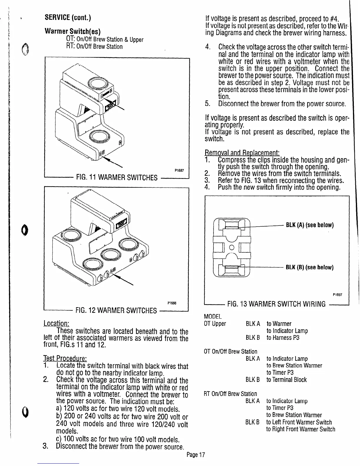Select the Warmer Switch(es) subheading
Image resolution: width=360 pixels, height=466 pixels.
coord(72,31)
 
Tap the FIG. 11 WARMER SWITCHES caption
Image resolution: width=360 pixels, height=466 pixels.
coord(116,177)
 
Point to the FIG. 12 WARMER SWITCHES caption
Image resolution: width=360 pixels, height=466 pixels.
coord(116,310)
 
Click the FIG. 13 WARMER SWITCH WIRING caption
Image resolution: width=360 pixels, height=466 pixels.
coord(276,304)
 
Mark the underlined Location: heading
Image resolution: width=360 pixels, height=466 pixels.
coord(56,324)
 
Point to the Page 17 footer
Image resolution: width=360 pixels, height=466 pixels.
coord(195,455)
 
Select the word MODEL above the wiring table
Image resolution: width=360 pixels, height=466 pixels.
coord(212,317)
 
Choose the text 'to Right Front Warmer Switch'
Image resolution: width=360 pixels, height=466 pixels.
coord(301,429)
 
